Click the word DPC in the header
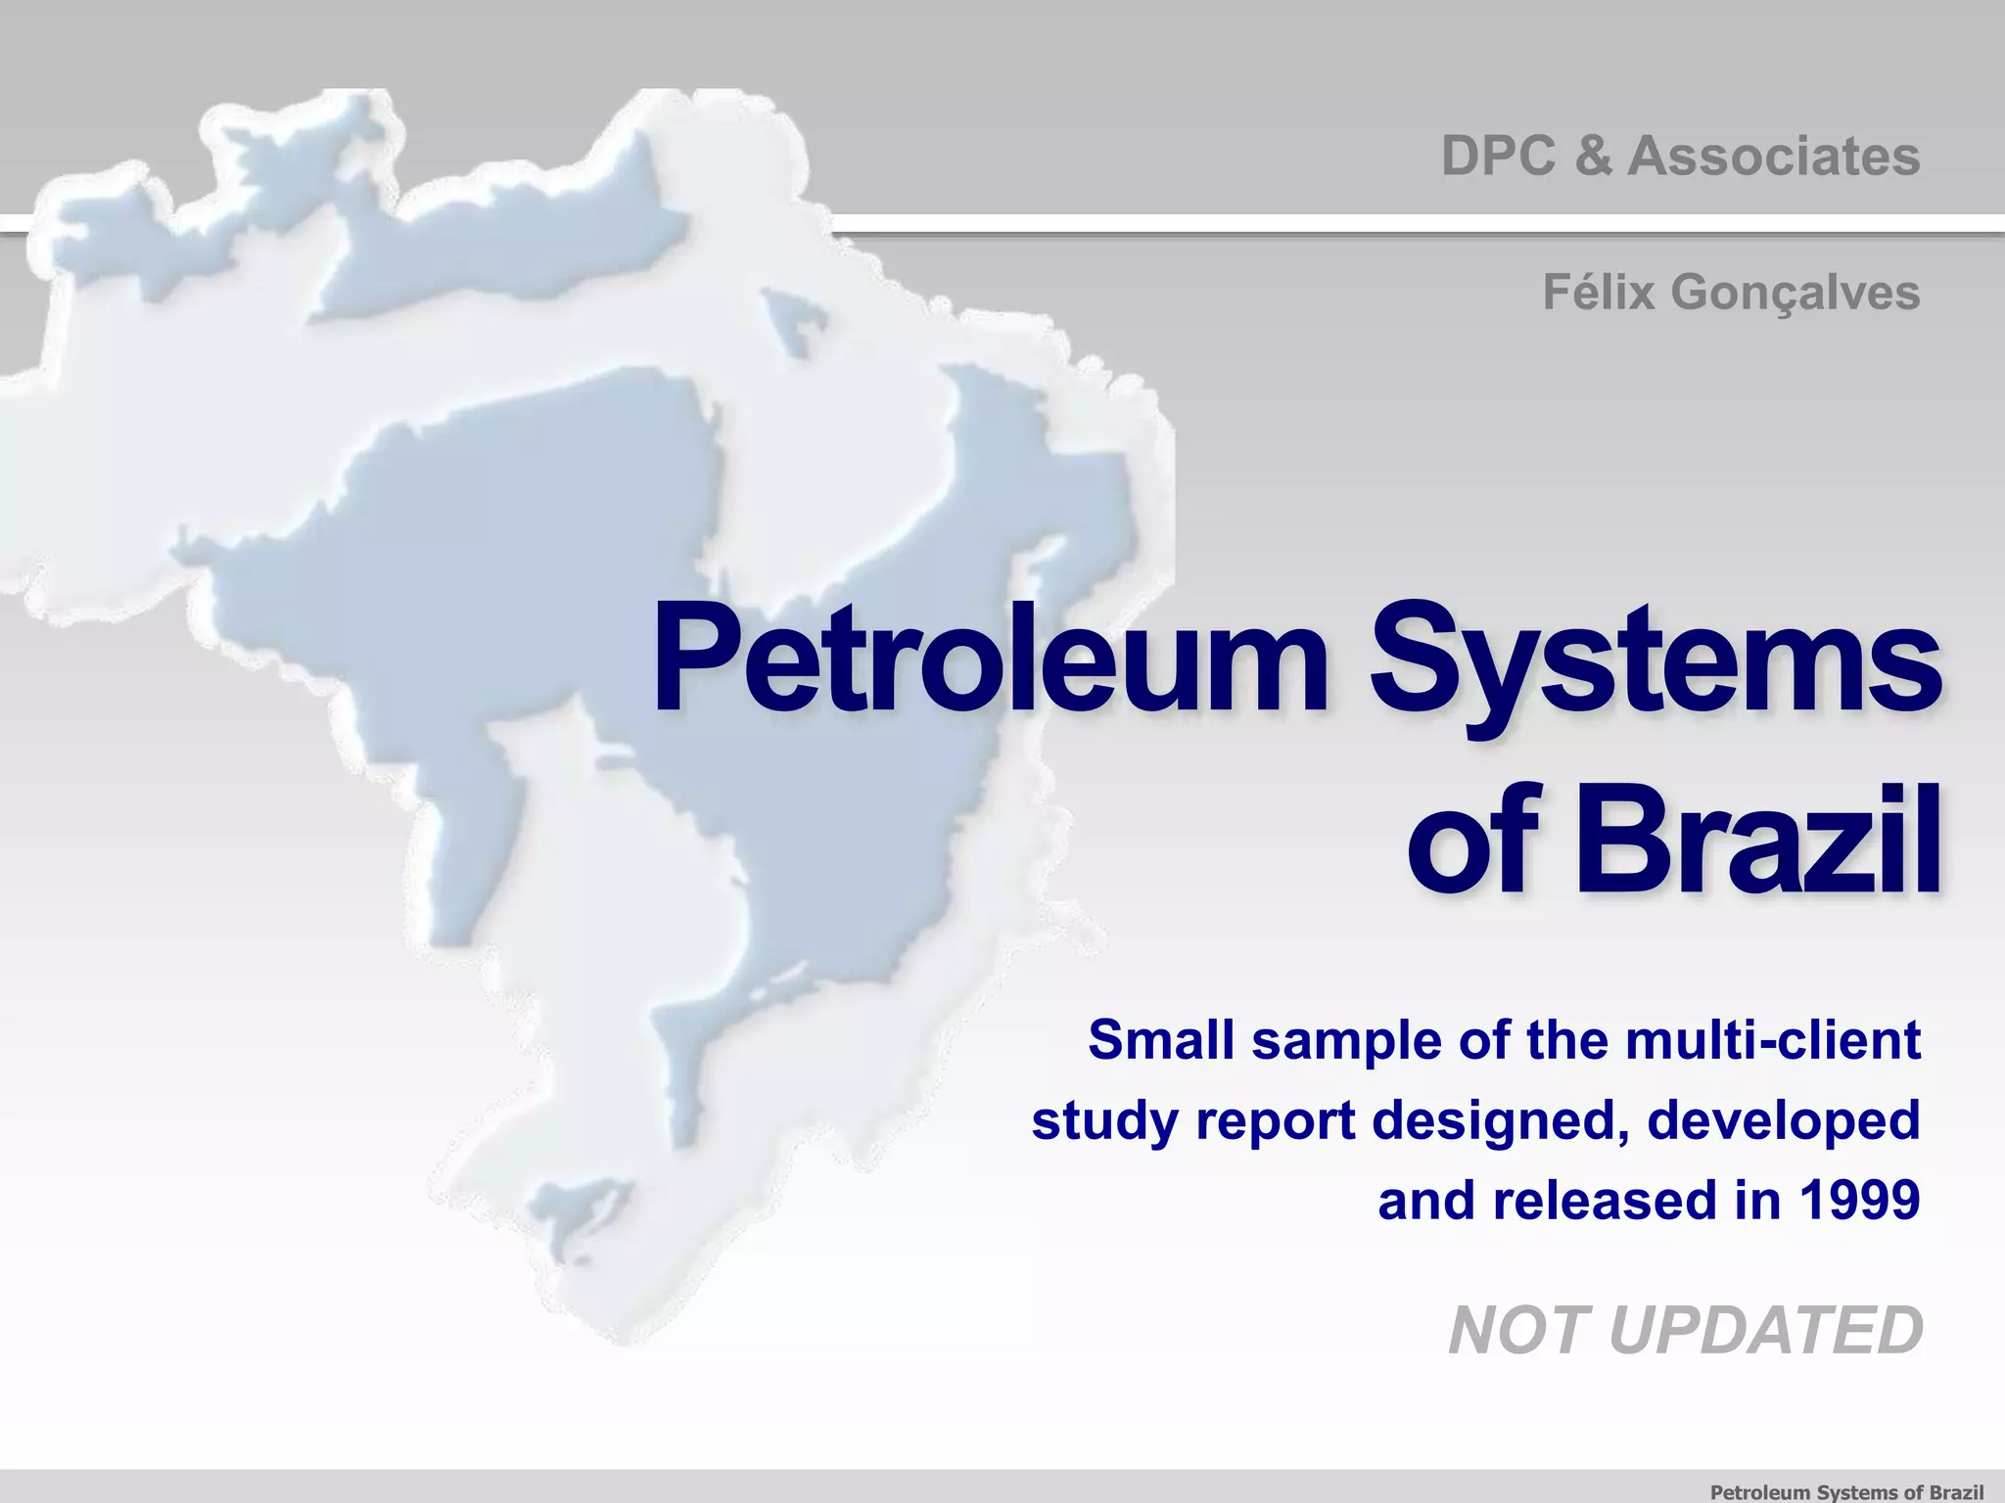[x=1498, y=157]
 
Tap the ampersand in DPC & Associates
[x=1594, y=157]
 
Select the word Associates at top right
[x=1773, y=157]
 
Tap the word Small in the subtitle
[x=1161, y=1039]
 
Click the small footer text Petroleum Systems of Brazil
[x=1846, y=1491]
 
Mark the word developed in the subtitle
[x=1783, y=1121]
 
